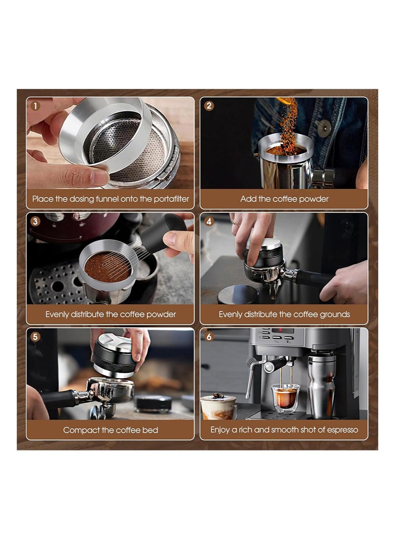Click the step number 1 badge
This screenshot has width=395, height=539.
pyautogui.click(x=36, y=106)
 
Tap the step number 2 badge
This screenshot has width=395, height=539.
pyautogui.click(x=209, y=106)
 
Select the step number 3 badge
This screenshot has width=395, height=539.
pyautogui.click(x=36, y=221)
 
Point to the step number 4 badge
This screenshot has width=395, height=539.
pyautogui.click(x=209, y=221)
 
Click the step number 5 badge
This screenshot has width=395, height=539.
pyautogui.click(x=36, y=337)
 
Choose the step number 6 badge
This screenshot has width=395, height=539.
pyautogui.click(x=209, y=337)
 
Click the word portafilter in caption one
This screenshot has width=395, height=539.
pyautogui.click(x=171, y=199)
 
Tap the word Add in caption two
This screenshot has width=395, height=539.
pyautogui.click(x=247, y=199)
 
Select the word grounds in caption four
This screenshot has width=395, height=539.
pyautogui.click(x=335, y=314)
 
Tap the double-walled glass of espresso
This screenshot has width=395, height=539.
pyautogui.click(x=285, y=398)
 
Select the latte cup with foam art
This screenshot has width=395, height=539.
pyautogui.click(x=219, y=407)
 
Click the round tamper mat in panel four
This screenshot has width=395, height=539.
pyautogui.click(x=238, y=294)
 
